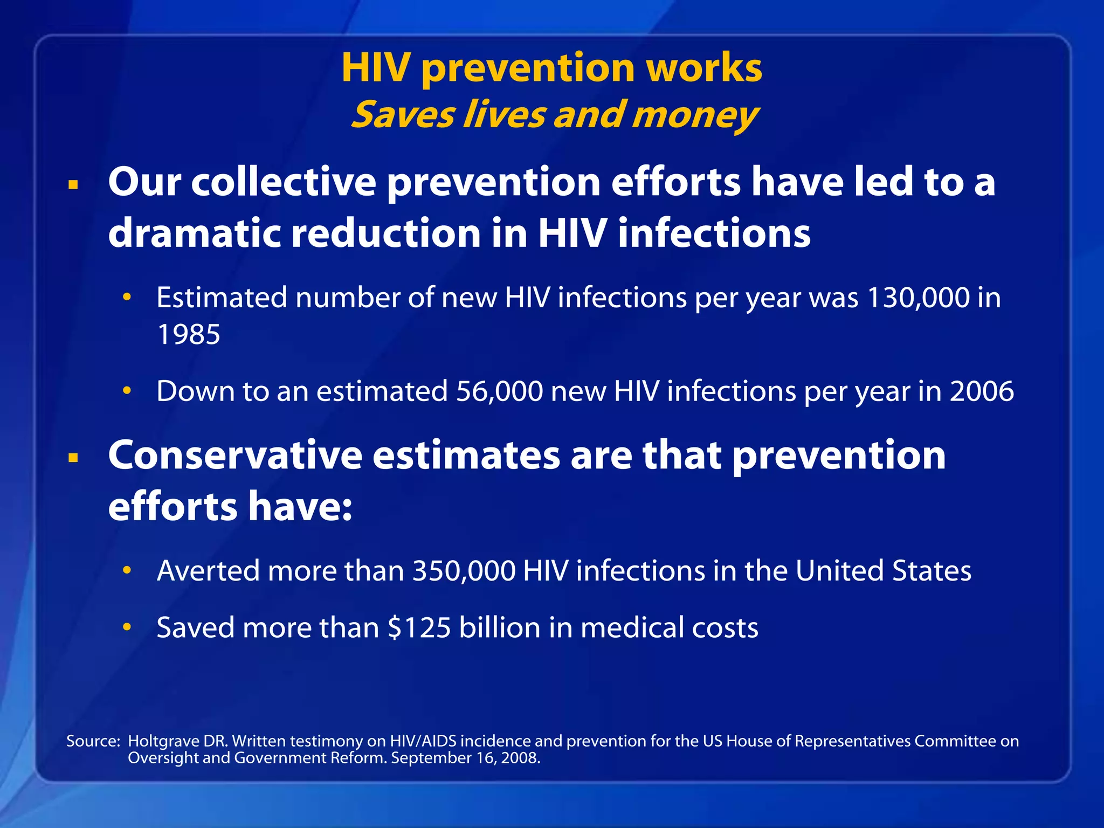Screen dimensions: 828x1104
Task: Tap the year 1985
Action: coord(189,334)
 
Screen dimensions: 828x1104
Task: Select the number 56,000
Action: coord(499,391)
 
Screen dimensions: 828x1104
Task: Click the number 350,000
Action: coord(464,570)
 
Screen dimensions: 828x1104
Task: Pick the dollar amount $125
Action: coord(419,627)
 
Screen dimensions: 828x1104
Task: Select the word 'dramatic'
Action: coord(195,233)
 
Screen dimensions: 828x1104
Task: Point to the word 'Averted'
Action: coord(208,570)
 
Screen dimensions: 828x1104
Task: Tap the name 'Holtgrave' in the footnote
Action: coord(163,742)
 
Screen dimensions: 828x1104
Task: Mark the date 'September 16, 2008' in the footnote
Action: coord(465,758)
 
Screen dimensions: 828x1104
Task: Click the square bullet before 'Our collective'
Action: coord(74,185)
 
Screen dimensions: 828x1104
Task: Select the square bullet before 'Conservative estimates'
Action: coord(74,458)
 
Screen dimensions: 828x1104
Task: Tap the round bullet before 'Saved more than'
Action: coord(127,627)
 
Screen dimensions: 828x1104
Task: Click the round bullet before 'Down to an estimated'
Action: coord(127,390)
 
